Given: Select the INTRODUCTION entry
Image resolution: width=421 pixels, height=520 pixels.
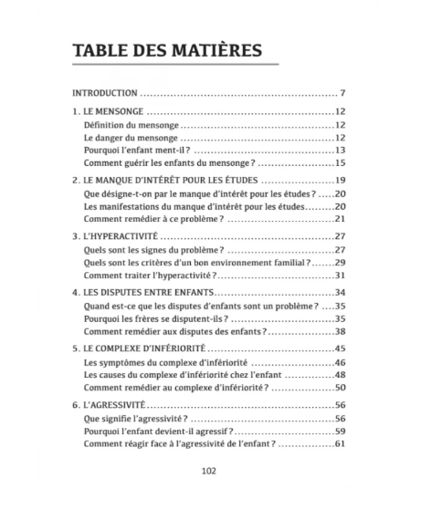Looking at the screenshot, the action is [x=105, y=93].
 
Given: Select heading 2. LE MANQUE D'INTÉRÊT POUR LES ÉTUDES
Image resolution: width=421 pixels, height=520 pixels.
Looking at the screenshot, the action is [x=167, y=181].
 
